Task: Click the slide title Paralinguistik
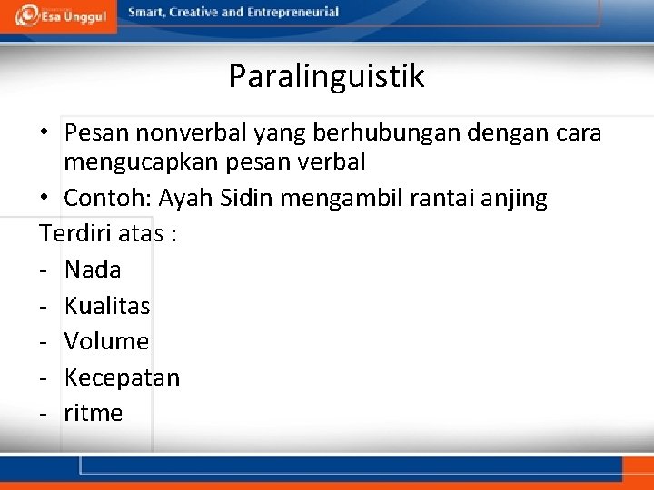(326, 76)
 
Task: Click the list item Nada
(93, 269)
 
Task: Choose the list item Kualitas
(107, 306)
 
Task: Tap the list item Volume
(106, 341)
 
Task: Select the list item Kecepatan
(122, 377)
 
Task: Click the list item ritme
(94, 414)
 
